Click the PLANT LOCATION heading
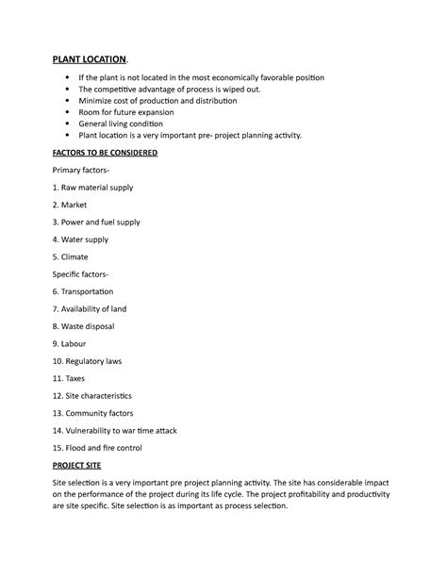click(92, 58)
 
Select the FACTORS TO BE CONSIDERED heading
click(105, 153)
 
